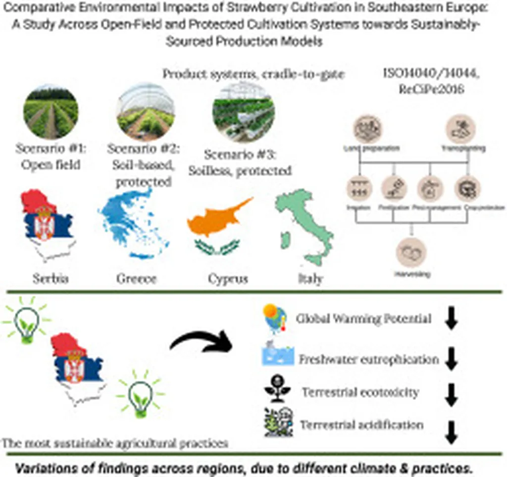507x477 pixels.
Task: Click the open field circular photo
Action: (51, 112)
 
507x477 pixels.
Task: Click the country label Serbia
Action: (51, 279)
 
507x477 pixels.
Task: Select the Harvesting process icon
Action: (410, 251)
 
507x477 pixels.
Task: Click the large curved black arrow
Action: (201, 341)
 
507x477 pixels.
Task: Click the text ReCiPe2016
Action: (424, 90)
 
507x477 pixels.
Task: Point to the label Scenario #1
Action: (50, 149)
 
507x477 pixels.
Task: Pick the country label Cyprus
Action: (228, 279)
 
